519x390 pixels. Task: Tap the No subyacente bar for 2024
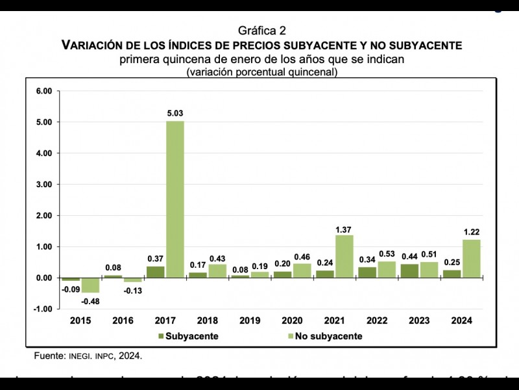[471, 259]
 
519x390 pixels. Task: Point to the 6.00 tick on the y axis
[43, 91]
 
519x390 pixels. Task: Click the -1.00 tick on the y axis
[42, 309]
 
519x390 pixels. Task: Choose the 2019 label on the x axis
[249, 321]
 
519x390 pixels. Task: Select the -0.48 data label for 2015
[90, 301]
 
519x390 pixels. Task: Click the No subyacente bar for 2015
[91, 285]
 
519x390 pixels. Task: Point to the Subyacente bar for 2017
[155, 272]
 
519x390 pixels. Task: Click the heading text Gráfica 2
[261, 31]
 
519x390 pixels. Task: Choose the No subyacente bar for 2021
[344, 256]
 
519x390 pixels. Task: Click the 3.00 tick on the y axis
[43, 185]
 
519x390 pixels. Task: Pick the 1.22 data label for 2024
[471, 232]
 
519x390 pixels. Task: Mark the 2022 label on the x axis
[377, 321]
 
